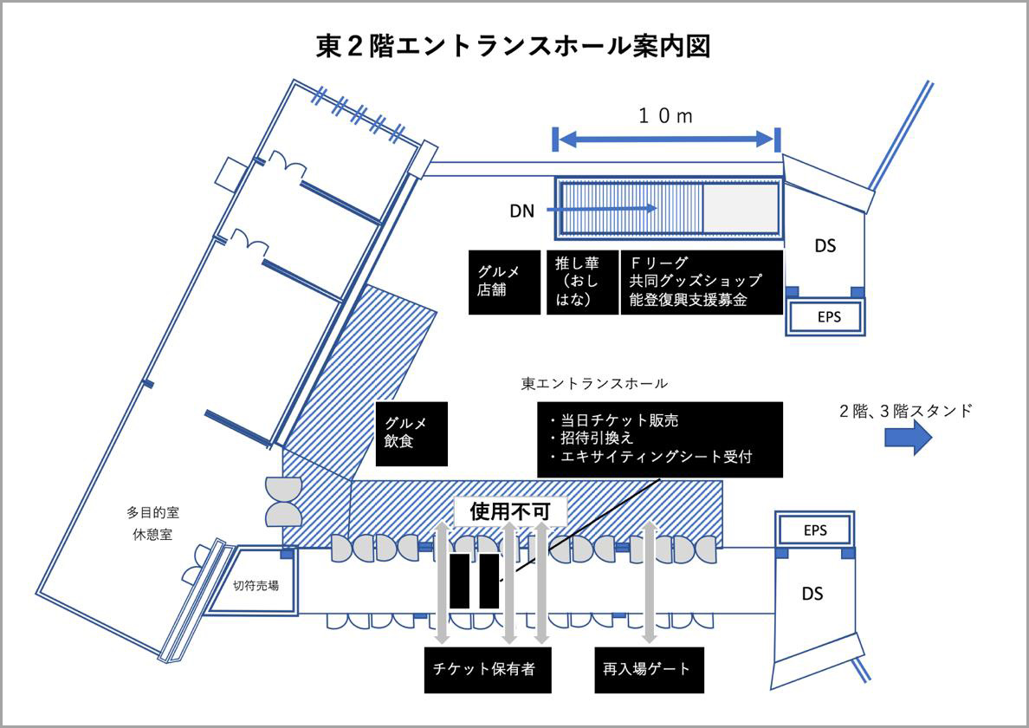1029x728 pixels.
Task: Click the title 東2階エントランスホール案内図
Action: click(x=514, y=46)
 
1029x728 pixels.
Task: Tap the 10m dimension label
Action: click(x=665, y=116)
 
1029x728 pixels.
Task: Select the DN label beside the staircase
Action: click(x=521, y=211)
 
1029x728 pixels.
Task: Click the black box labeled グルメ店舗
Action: click(x=503, y=283)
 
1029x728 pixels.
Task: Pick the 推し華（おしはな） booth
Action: click(x=580, y=283)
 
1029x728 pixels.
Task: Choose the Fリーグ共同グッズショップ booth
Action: click(x=702, y=283)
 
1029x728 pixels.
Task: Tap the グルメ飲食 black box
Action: click(x=411, y=433)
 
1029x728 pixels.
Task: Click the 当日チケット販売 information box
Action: click(x=659, y=439)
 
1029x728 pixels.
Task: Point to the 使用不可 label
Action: click(x=510, y=511)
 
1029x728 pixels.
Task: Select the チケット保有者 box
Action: click(x=488, y=669)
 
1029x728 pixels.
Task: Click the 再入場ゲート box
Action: click(x=648, y=669)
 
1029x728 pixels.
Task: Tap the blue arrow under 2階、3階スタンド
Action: click(x=908, y=439)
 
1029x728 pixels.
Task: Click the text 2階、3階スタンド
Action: click(x=905, y=411)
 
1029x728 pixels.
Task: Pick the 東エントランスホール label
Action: click(x=594, y=382)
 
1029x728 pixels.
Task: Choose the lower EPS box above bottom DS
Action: click(x=815, y=530)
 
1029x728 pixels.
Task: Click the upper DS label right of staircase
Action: click(x=825, y=245)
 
